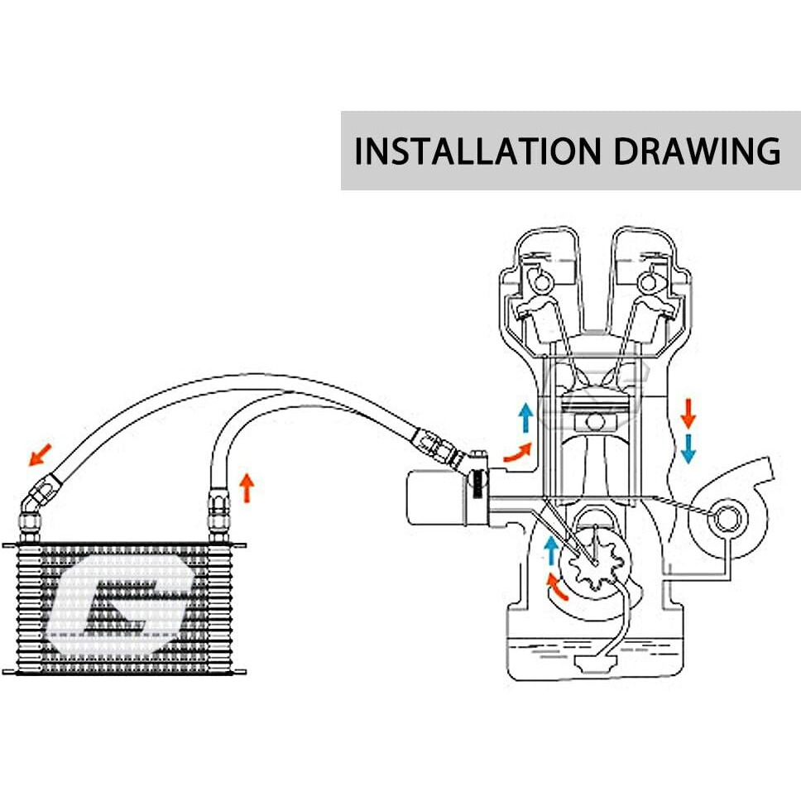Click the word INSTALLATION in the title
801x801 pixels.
tap(477, 151)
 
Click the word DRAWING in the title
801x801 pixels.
tap(697, 151)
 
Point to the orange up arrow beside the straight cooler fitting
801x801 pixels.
tap(246, 487)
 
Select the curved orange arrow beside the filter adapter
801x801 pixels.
tap(518, 452)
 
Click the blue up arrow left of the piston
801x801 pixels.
tap(525, 416)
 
